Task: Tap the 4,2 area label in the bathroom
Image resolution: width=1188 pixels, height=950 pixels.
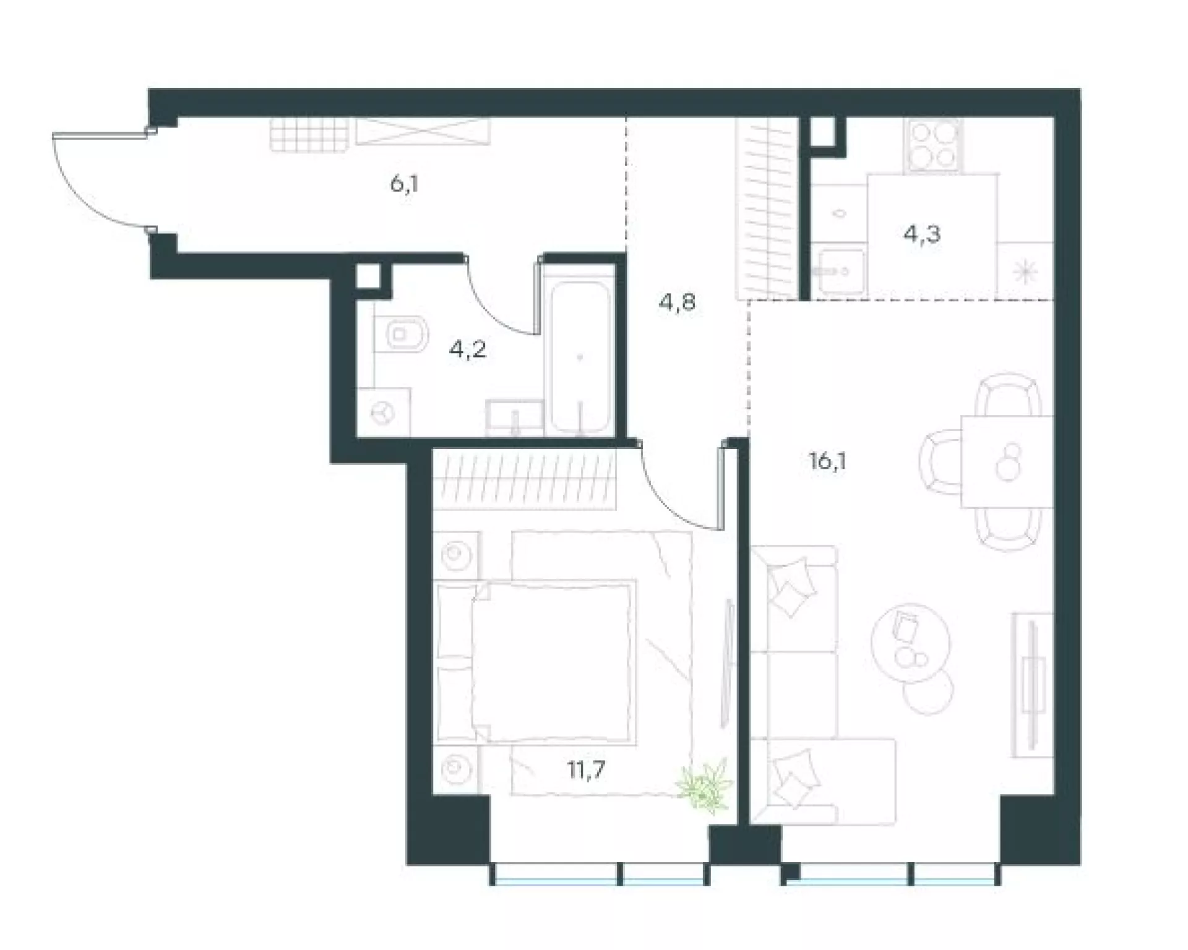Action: click(468, 350)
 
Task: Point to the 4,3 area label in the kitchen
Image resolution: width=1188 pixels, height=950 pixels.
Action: click(922, 234)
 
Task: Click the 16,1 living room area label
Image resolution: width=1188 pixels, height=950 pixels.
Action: click(827, 461)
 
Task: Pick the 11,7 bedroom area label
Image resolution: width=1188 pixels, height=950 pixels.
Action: click(587, 770)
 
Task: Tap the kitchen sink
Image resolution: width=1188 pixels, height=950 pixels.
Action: click(840, 270)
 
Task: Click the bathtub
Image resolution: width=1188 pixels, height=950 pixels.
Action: click(580, 358)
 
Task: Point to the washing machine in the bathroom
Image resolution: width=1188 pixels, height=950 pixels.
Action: click(384, 413)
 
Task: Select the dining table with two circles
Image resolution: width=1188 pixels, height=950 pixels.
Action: click(1007, 461)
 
